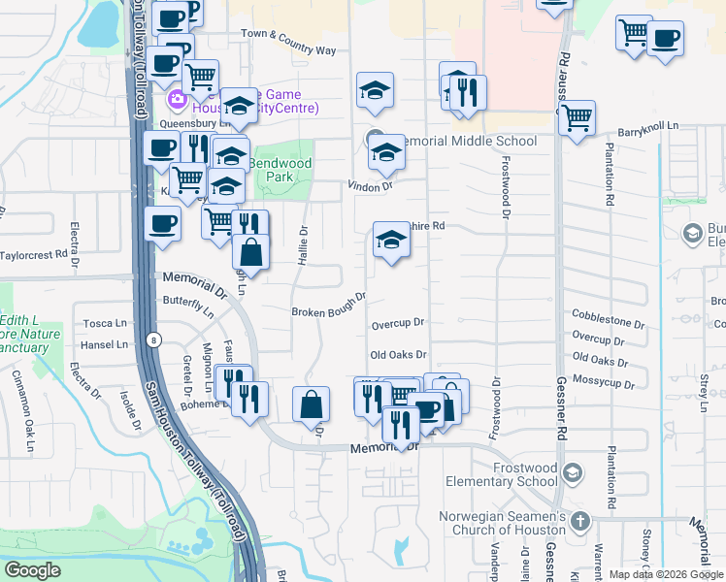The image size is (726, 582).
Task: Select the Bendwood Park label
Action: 280,171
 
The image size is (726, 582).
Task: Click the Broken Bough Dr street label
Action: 329,305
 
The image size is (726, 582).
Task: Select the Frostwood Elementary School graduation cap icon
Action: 573,472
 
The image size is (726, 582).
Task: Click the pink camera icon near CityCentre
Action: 178,99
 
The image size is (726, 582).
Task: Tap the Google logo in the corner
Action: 32,570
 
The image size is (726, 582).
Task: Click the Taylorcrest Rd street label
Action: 39,255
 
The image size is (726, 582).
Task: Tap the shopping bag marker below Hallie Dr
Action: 311,403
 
